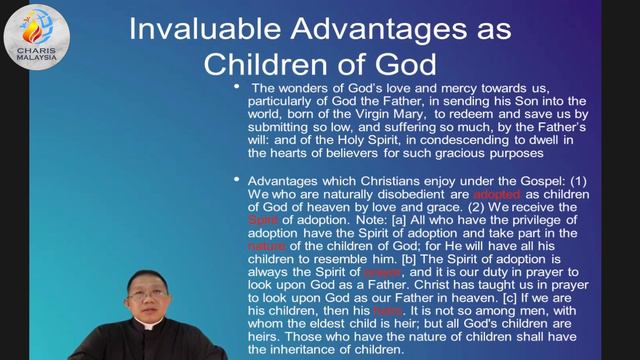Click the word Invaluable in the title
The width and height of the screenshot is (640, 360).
210,29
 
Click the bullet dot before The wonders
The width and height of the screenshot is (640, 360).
236,89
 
